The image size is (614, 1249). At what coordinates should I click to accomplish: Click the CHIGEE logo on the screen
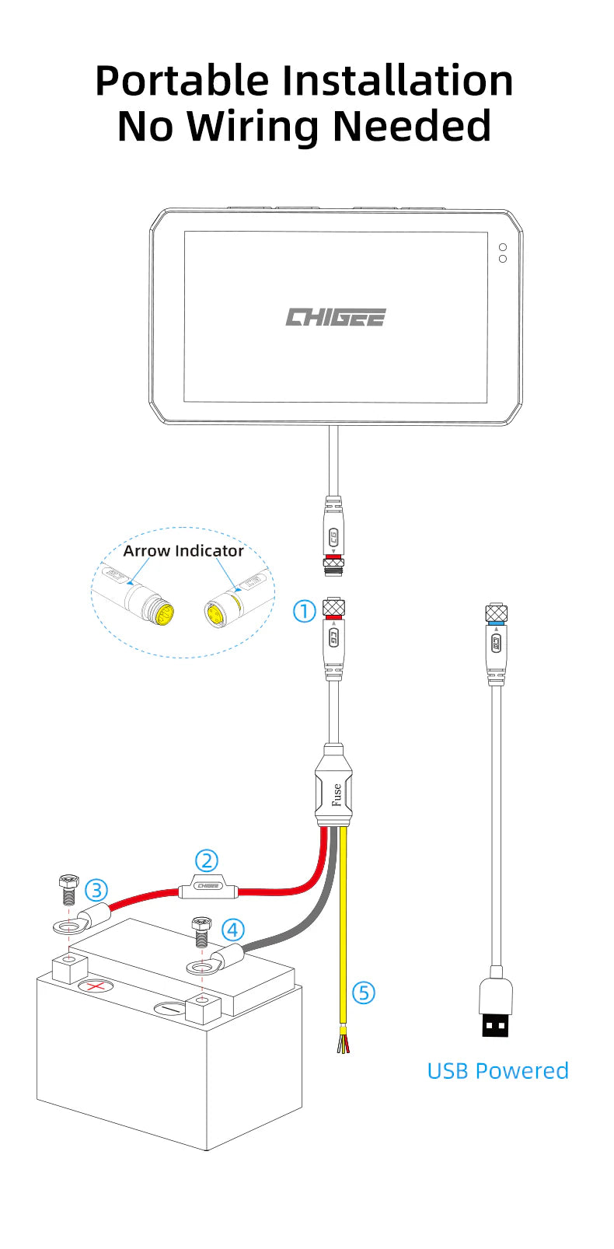(x=335, y=317)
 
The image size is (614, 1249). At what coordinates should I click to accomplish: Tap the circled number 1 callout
(x=304, y=611)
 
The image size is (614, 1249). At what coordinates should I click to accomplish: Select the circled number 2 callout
(x=206, y=860)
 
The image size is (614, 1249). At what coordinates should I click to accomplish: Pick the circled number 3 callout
(x=96, y=890)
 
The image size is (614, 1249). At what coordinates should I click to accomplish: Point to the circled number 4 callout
(x=233, y=930)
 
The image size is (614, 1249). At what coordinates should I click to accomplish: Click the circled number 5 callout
(x=364, y=993)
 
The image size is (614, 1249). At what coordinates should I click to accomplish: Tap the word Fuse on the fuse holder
(x=337, y=794)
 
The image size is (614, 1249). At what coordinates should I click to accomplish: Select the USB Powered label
(x=497, y=1070)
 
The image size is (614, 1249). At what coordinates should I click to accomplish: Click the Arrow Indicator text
(x=183, y=551)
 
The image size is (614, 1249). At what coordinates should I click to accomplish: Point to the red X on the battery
(x=95, y=986)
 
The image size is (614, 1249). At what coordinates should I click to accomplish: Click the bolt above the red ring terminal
(x=68, y=888)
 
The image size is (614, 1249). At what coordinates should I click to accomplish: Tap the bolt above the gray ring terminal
(x=201, y=930)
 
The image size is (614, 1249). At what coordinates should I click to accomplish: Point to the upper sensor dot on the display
(x=503, y=247)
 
